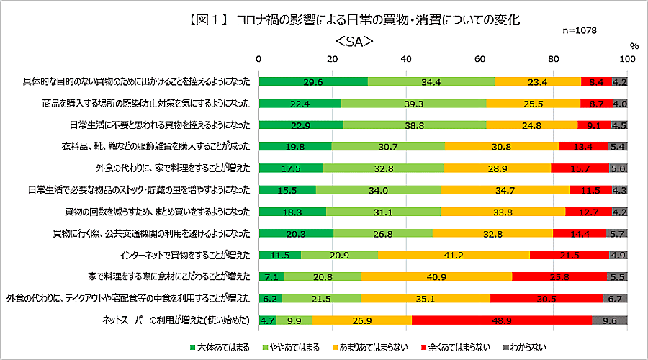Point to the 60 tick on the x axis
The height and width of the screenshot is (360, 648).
click(480, 58)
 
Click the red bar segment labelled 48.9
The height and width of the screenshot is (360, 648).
click(501, 320)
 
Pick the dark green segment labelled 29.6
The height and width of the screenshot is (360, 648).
click(313, 81)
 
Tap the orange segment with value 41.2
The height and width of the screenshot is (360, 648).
click(454, 255)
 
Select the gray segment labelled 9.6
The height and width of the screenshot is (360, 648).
click(609, 320)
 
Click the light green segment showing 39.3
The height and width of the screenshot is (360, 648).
click(413, 104)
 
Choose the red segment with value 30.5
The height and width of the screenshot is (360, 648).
click(546, 298)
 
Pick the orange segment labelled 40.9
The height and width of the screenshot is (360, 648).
click(436, 276)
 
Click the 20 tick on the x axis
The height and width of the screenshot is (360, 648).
click(333, 58)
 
